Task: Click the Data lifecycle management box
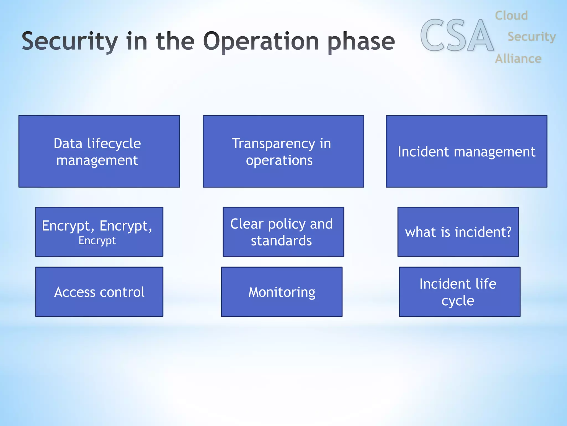(99, 151)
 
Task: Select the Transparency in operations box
(283, 151)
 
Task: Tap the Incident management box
(467, 151)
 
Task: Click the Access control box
(99, 292)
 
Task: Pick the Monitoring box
(282, 292)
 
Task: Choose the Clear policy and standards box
(283, 232)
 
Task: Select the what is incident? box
(458, 232)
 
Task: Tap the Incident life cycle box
(460, 292)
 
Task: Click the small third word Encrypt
(97, 241)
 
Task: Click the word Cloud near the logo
(511, 16)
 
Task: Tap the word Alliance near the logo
(518, 59)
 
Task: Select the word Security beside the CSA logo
(532, 37)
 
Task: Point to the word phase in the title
(361, 42)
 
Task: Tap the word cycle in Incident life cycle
(458, 301)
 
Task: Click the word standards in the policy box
(281, 241)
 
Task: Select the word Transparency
(273, 144)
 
